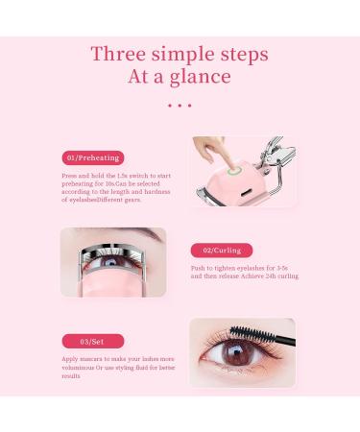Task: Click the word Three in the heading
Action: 117,54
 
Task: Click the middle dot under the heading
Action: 180,106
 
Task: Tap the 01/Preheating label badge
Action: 93,157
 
